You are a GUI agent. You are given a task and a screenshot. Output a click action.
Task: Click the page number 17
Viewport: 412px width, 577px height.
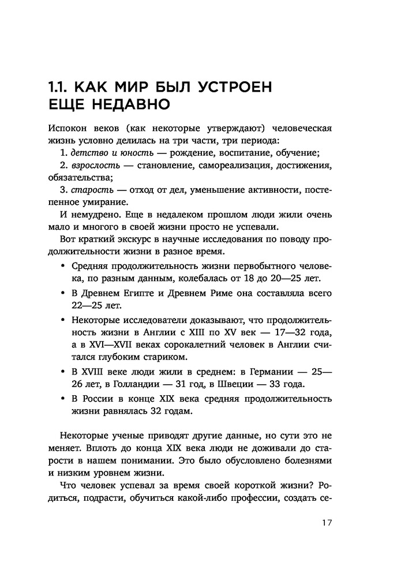point(326,523)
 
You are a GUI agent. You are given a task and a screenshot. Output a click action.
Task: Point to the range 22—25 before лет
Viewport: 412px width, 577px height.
point(87,305)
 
